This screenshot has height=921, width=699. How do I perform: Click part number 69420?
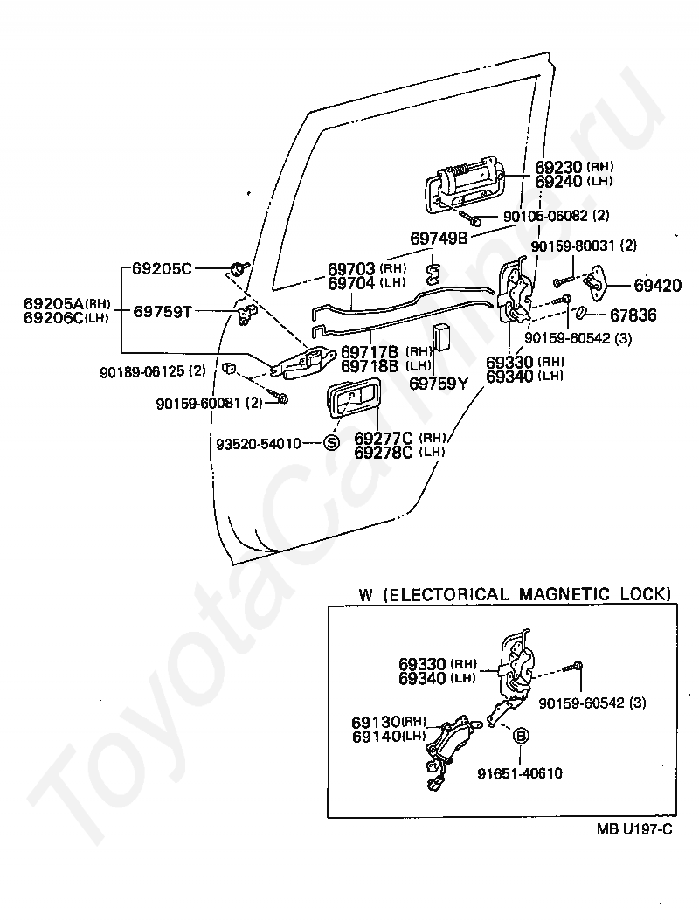point(657,286)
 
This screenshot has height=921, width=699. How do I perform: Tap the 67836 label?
point(633,315)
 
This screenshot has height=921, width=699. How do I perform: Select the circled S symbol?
point(332,443)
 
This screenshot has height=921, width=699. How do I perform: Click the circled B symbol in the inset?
point(521,735)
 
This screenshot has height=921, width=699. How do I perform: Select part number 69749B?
point(439,239)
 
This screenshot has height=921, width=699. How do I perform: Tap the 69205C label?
point(162,268)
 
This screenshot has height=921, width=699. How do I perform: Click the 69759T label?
point(163,311)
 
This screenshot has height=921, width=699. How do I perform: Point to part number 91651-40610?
point(520,773)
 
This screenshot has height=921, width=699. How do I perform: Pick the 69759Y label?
point(440,384)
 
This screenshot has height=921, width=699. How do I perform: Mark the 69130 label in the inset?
point(376,722)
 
